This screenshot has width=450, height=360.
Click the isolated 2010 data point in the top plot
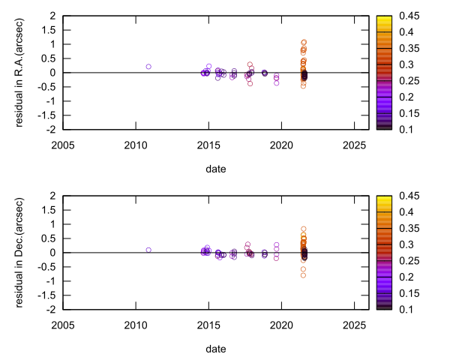pyautogui.click(x=148, y=67)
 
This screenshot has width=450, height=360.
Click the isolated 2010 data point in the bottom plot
pyautogui.click(x=148, y=250)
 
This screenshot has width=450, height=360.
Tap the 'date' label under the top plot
pyautogui.click(x=216, y=169)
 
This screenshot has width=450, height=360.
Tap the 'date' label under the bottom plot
pyautogui.click(x=216, y=349)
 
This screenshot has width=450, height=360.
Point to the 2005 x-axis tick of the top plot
pyautogui.click(x=62, y=144)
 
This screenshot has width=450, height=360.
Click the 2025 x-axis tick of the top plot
pyautogui.click(x=355, y=144)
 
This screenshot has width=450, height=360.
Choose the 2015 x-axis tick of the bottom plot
pyautogui.click(x=208, y=324)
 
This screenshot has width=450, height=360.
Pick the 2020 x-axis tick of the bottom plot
pyautogui.click(x=282, y=324)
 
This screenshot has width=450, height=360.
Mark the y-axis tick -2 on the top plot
pyautogui.click(x=50, y=130)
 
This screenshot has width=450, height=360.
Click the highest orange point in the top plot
pyautogui.click(x=304, y=42)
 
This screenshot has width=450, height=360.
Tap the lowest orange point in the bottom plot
pyautogui.click(x=304, y=275)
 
